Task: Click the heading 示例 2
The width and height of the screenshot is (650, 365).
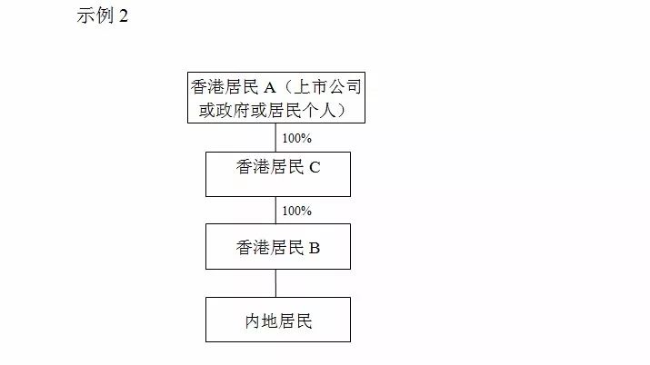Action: (103, 15)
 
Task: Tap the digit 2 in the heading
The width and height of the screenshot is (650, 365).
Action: (124, 16)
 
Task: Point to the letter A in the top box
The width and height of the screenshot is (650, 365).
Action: (269, 88)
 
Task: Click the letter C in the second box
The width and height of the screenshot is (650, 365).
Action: (315, 168)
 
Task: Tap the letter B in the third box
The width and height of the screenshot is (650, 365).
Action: (315, 248)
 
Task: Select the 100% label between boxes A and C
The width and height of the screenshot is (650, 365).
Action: (296, 138)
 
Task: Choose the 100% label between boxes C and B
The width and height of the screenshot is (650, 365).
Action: (296, 211)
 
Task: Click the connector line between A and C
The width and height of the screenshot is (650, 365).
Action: (275, 137)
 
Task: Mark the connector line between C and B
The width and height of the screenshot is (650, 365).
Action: (275, 211)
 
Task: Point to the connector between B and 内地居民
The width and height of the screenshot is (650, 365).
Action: (275, 283)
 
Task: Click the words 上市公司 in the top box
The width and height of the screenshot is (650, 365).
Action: (327, 87)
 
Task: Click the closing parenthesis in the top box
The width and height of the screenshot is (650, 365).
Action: (341, 111)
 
